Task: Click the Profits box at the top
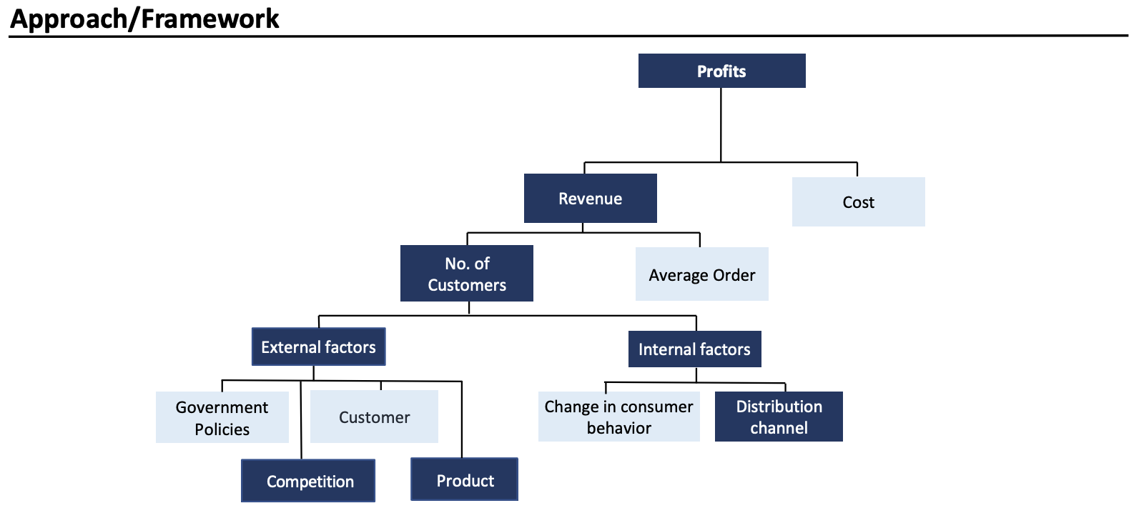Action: pyautogui.click(x=721, y=71)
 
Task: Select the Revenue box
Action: pyautogui.click(x=591, y=198)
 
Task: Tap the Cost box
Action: pyautogui.click(x=859, y=201)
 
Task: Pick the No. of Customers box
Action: pyautogui.click(x=467, y=274)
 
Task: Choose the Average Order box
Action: pyautogui.click(x=701, y=274)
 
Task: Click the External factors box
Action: pyautogui.click(x=319, y=347)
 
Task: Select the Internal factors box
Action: pyautogui.click(x=694, y=349)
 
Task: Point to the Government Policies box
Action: pyautogui.click(x=222, y=417)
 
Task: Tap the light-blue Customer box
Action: pyautogui.click(x=375, y=417)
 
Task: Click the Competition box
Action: pyautogui.click(x=308, y=481)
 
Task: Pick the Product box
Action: pyautogui.click(x=464, y=479)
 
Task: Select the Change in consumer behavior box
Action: pyautogui.click(x=619, y=417)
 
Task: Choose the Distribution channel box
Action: pyautogui.click(x=779, y=417)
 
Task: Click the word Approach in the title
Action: pyautogui.click(x=69, y=19)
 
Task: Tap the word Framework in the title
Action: pyautogui.click(x=210, y=19)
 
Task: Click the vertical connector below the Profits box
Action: pyautogui.click(x=721, y=125)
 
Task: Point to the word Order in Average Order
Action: pyautogui.click(x=734, y=275)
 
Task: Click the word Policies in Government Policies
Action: pyautogui.click(x=222, y=429)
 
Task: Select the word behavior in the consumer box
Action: pyautogui.click(x=619, y=428)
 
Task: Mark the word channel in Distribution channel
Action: pyautogui.click(x=779, y=428)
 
